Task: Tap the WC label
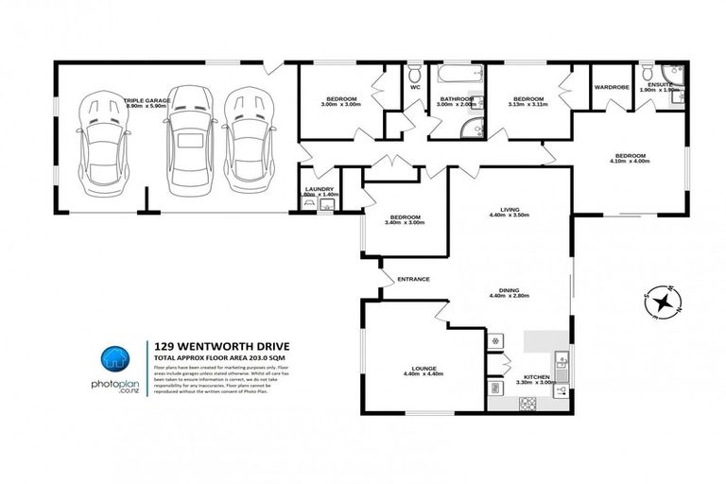(414, 88)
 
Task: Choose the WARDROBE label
(612, 87)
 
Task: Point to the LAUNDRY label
(319, 188)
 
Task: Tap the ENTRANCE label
(414, 279)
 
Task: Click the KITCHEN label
(536, 378)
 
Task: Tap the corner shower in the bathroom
(470, 129)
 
